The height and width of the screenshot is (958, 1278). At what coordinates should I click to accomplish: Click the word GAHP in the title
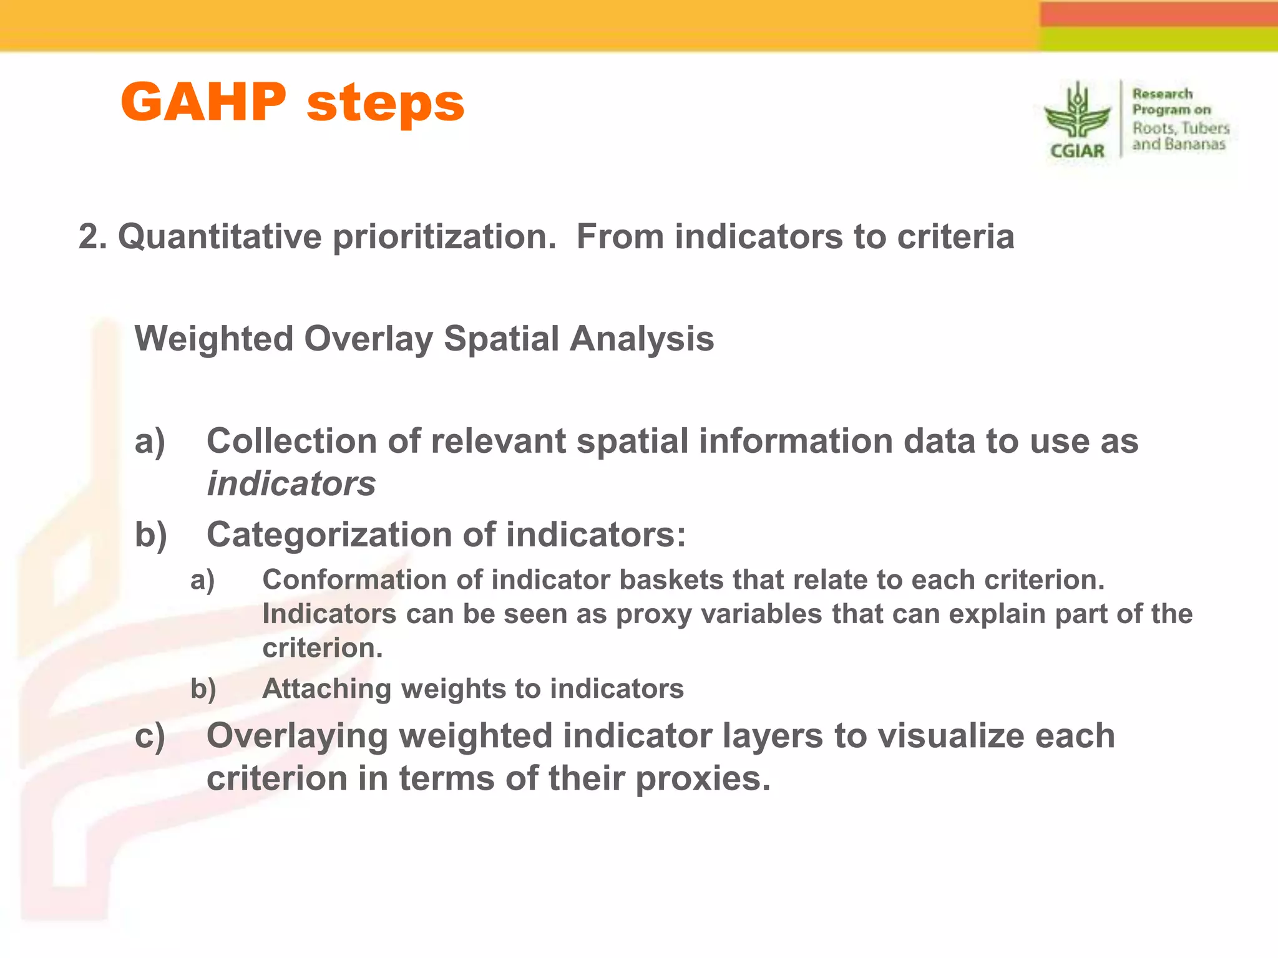[x=203, y=102]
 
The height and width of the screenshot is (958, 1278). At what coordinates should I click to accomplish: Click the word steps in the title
[x=386, y=104]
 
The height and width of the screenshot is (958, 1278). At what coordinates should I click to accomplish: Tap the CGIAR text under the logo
[x=1077, y=151]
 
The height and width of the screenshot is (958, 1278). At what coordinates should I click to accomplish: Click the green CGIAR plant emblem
[x=1078, y=112]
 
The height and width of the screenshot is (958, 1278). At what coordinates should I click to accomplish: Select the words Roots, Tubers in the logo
[x=1181, y=128]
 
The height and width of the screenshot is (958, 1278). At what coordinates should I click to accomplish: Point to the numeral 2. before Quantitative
[x=92, y=237]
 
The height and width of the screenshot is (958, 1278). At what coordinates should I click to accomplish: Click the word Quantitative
[x=219, y=237]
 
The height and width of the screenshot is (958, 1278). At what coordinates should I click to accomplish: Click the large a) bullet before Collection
[x=150, y=441]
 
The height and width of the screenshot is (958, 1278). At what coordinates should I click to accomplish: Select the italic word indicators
[x=291, y=484]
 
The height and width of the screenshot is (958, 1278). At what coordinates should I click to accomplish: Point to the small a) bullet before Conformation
[x=203, y=580]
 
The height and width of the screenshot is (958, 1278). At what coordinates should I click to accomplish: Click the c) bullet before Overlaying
[x=150, y=736]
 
